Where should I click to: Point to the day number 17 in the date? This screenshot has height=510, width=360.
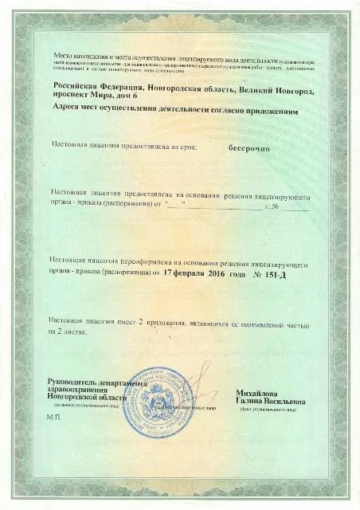[x=169, y=271]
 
